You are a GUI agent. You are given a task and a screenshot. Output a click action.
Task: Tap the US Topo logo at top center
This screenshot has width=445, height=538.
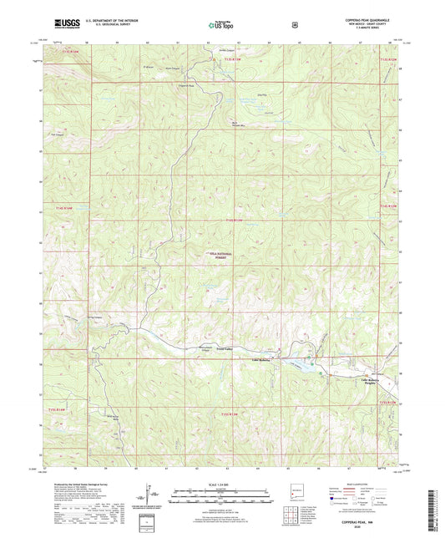(x=222, y=26)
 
